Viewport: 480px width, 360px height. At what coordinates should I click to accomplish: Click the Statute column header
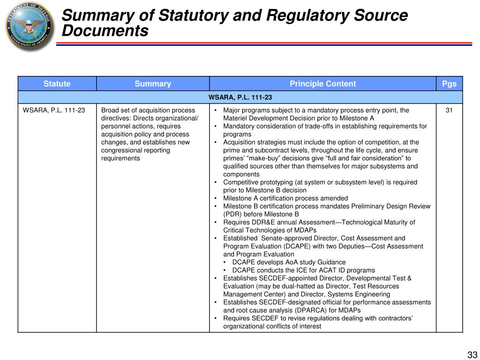pos(57,84)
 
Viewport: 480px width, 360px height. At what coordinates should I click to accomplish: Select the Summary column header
pos(153,84)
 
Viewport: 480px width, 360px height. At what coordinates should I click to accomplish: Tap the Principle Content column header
pos(322,84)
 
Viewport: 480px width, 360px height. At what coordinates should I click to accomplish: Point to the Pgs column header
pos(449,84)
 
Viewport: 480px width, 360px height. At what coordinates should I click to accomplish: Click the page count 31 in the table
pos(449,111)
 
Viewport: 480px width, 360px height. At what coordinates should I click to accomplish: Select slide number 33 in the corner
pos(471,354)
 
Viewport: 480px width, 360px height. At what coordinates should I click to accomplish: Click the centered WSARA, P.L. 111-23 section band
pos(240,97)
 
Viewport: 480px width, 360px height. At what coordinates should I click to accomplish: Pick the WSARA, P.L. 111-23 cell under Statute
pos(54,111)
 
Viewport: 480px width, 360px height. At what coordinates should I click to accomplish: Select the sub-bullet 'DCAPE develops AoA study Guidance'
pos(289,262)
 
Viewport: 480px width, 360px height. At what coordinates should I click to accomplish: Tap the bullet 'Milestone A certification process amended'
pos(285,198)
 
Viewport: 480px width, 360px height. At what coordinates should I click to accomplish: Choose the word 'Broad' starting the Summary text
pos(110,111)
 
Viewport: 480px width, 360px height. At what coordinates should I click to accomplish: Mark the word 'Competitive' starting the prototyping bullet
pos(240,182)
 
